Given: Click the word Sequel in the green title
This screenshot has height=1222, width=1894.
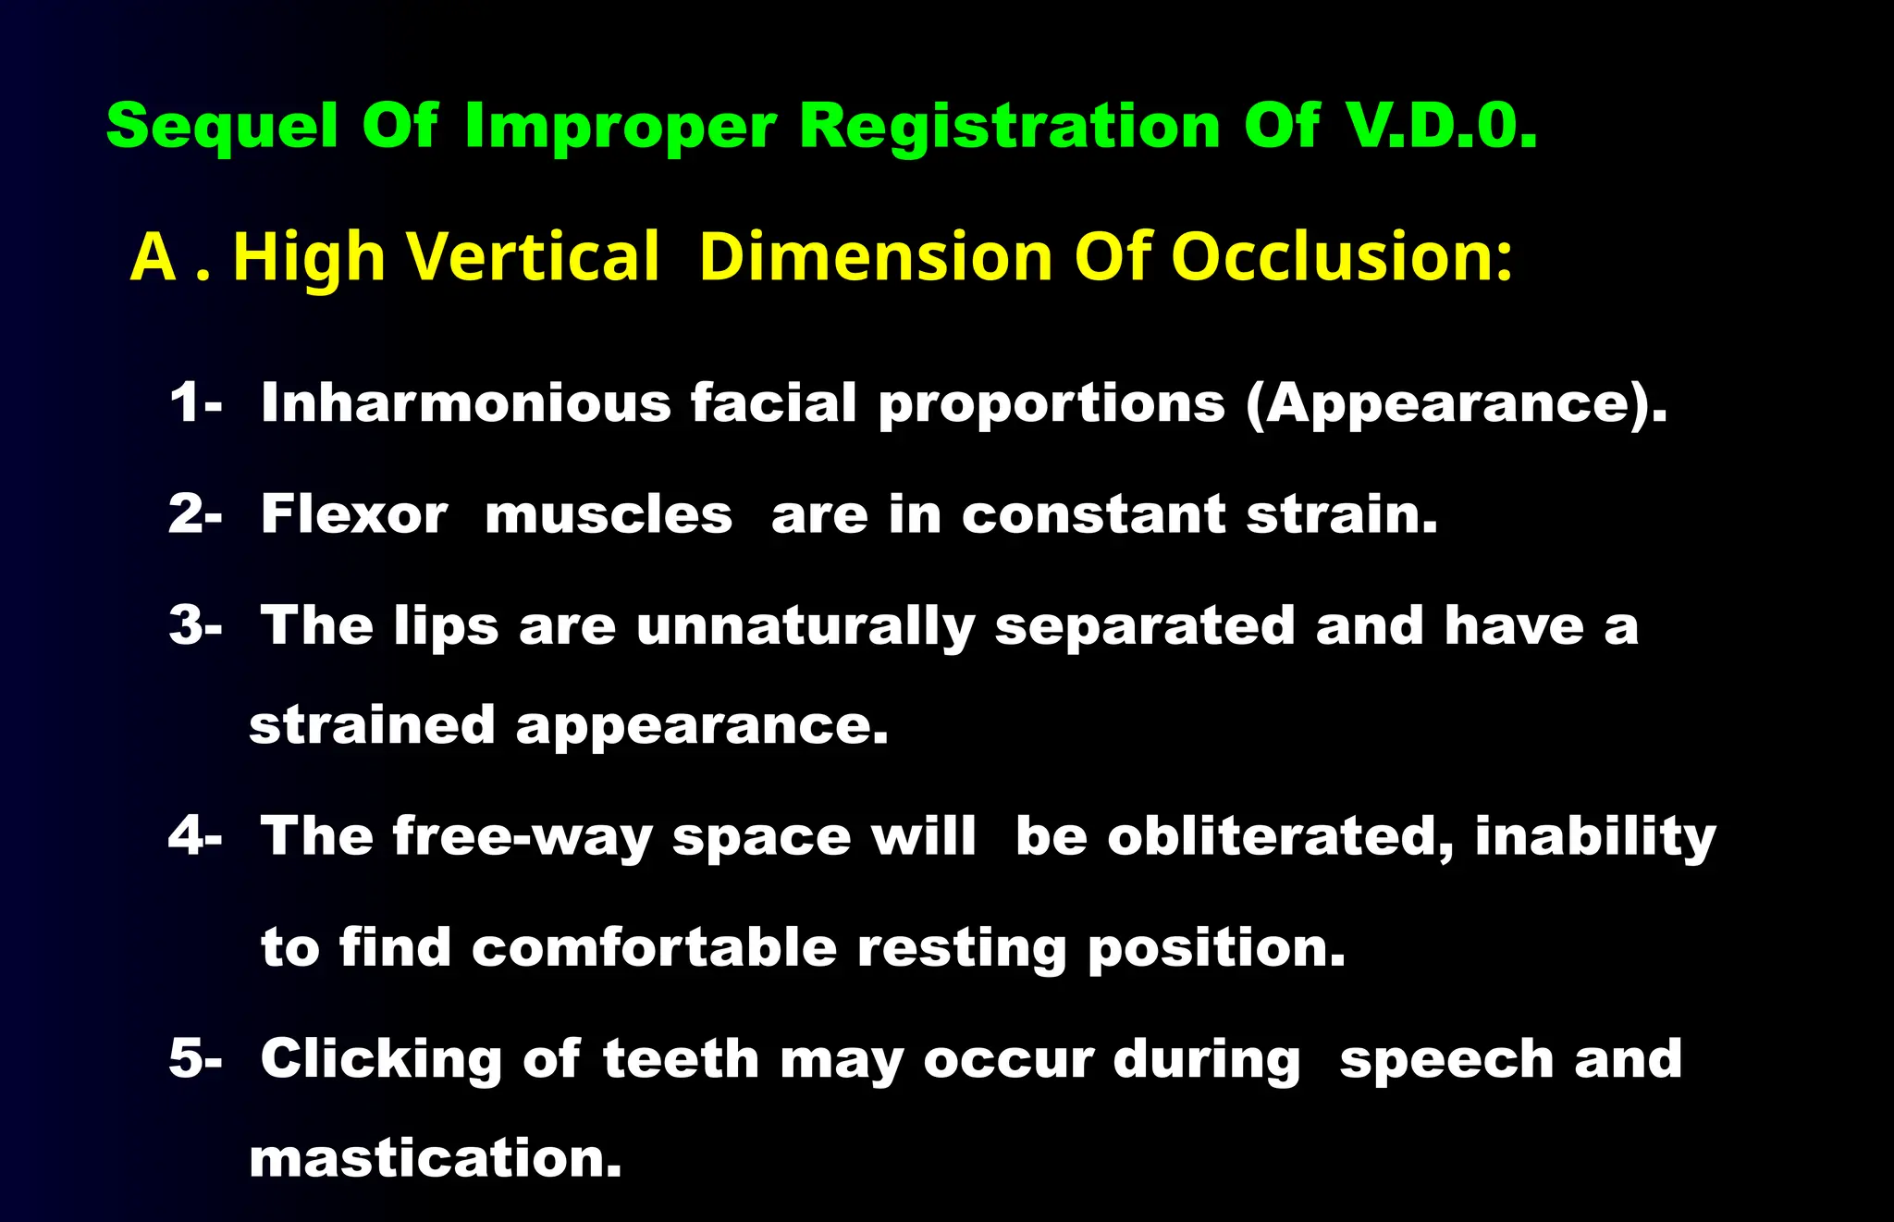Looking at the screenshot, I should tap(222, 126).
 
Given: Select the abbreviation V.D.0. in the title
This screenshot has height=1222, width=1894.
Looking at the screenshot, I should tap(1441, 126).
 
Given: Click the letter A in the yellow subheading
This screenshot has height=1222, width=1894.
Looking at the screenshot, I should tap(153, 257).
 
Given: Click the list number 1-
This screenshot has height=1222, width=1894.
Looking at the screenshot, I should tap(195, 403).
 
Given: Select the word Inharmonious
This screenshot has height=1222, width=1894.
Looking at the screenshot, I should tap(465, 403).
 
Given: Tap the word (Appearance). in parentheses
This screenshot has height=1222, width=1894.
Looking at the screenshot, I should tap(1457, 405).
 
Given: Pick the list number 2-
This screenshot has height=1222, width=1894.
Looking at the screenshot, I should tap(195, 514).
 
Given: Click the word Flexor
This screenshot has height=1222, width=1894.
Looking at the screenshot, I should tap(354, 514).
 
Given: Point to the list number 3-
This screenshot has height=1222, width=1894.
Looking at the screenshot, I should tap(195, 625).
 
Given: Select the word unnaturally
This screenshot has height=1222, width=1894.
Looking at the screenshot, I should tap(805, 627).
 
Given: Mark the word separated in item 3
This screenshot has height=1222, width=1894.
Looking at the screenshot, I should tap(1145, 625).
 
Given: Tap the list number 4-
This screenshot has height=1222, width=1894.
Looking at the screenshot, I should tap(195, 836).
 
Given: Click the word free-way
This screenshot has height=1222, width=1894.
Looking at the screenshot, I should tap(523, 838).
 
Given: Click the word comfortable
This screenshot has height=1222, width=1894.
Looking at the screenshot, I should tap(654, 947).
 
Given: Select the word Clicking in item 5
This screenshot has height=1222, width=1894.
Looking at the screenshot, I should tap(381, 1060).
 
